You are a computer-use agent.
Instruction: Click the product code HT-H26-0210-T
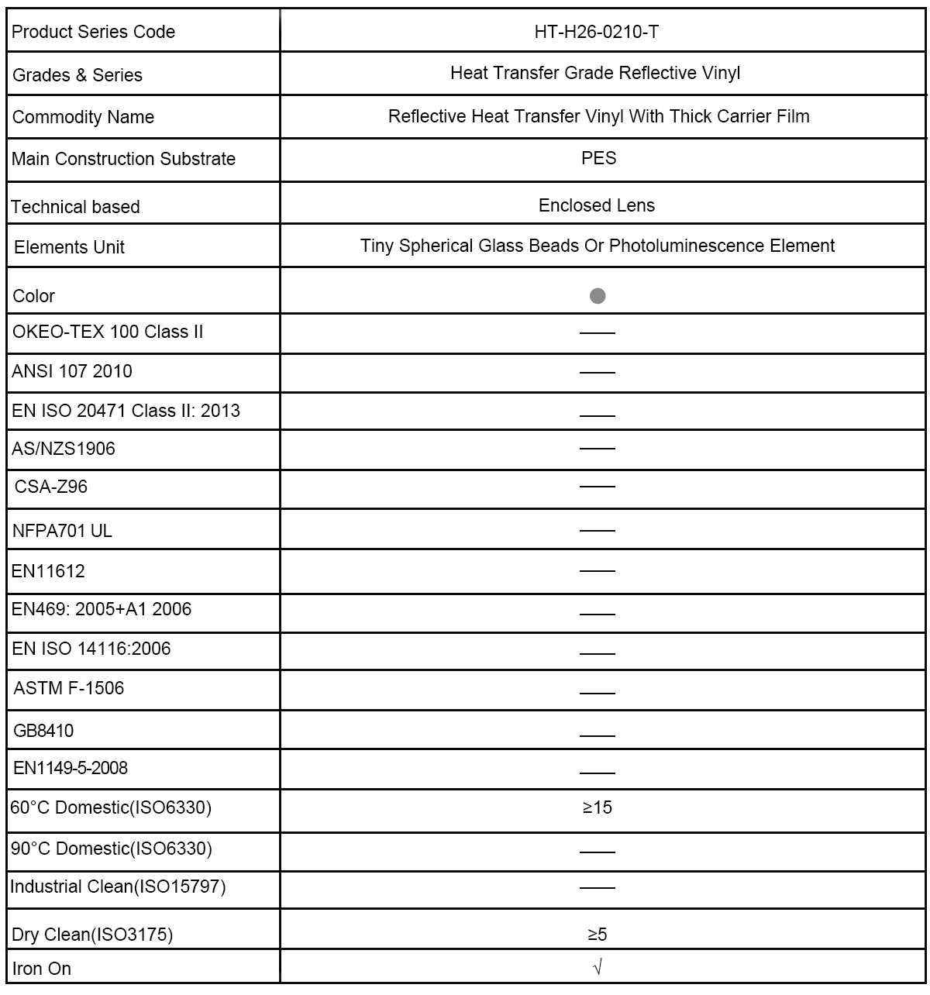(597, 32)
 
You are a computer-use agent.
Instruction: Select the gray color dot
(598, 296)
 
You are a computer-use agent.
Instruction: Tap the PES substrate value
(598, 158)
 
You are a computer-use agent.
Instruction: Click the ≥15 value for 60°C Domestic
(598, 807)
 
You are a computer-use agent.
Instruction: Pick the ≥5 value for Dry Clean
(598, 935)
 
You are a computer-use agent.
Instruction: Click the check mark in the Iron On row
(598, 968)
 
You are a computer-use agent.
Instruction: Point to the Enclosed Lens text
(597, 205)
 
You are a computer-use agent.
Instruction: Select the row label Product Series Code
(94, 32)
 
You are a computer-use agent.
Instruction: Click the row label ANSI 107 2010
(72, 371)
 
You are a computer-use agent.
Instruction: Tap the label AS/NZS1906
(64, 449)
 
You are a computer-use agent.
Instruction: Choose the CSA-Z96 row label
(51, 487)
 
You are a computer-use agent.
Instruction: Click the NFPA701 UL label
(63, 531)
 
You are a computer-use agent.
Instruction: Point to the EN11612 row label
(48, 571)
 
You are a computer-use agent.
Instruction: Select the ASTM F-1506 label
(69, 688)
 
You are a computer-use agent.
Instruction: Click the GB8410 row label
(44, 730)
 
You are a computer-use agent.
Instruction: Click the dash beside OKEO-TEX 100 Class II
(597, 333)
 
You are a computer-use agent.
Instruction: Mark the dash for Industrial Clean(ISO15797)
(597, 888)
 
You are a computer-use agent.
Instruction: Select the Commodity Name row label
(84, 117)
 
